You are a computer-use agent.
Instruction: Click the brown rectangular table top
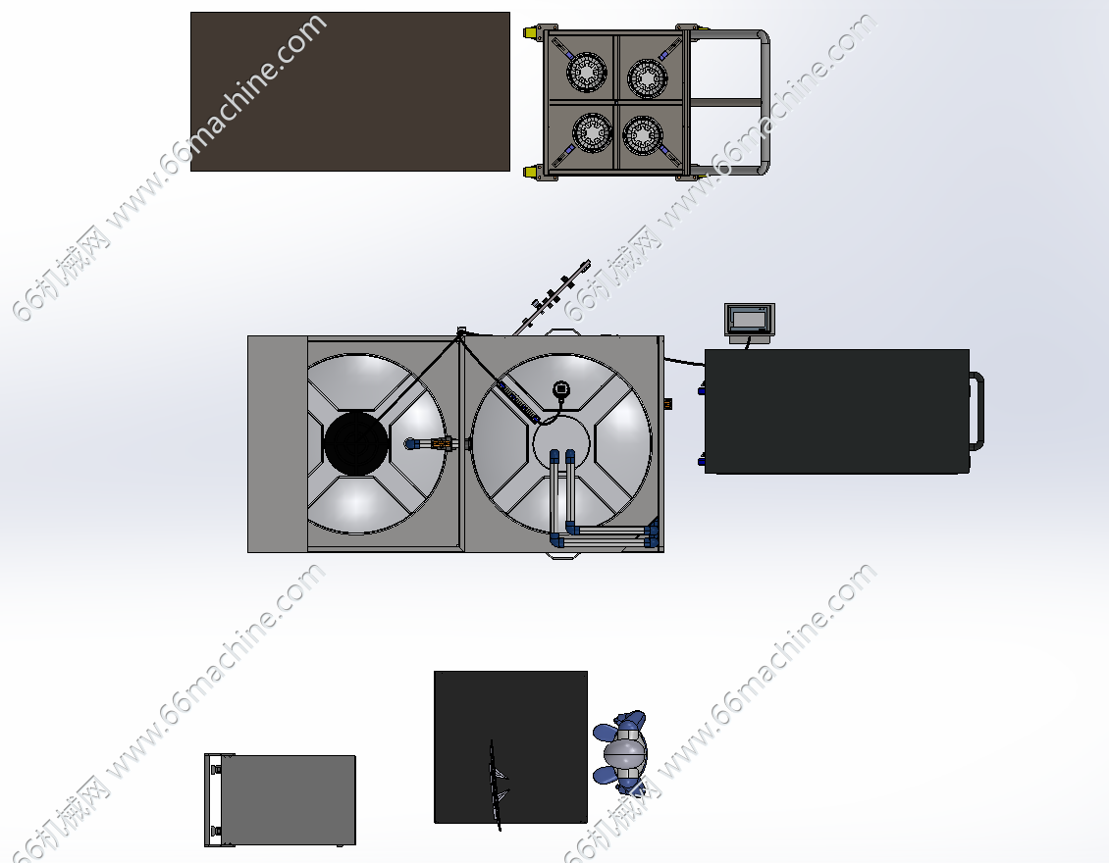[x=350, y=91]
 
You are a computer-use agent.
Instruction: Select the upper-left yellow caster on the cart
[x=530, y=33]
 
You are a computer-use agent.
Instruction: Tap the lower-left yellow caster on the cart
[x=530, y=172]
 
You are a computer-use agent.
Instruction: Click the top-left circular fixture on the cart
[x=587, y=72]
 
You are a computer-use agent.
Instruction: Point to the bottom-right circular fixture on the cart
[x=643, y=135]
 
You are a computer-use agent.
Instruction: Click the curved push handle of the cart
[x=764, y=102]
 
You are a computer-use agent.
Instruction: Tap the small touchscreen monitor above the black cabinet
[x=750, y=320]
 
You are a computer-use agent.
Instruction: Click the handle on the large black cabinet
[x=977, y=411]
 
